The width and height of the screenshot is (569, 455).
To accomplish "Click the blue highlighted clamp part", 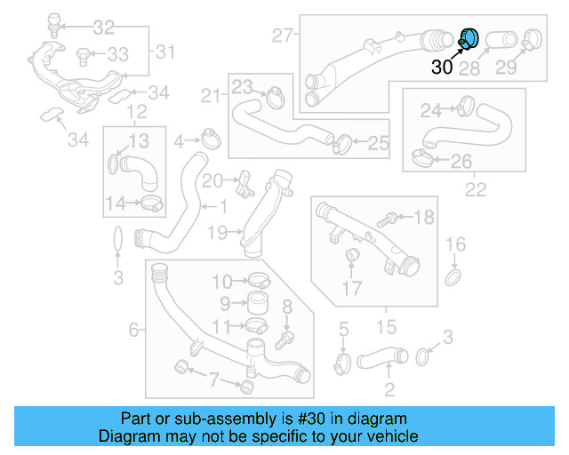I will tap(468, 38).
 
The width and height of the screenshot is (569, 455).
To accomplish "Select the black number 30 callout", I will tap(443, 68).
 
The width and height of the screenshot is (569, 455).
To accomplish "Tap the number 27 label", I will tap(283, 36).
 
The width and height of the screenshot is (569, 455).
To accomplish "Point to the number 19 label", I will tap(219, 233).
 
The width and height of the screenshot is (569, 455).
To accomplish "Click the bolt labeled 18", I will tap(389, 217).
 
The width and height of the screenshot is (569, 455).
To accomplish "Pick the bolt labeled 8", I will tap(284, 338).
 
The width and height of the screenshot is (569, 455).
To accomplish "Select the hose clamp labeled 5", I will tap(343, 362).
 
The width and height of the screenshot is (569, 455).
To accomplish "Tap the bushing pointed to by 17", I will tap(351, 258).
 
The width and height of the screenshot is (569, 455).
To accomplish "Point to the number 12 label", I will tap(135, 111).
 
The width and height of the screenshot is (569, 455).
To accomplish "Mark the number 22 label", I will tap(476, 189).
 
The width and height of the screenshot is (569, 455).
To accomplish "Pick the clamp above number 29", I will tap(533, 37).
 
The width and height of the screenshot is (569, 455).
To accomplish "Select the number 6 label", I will tap(134, 330).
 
